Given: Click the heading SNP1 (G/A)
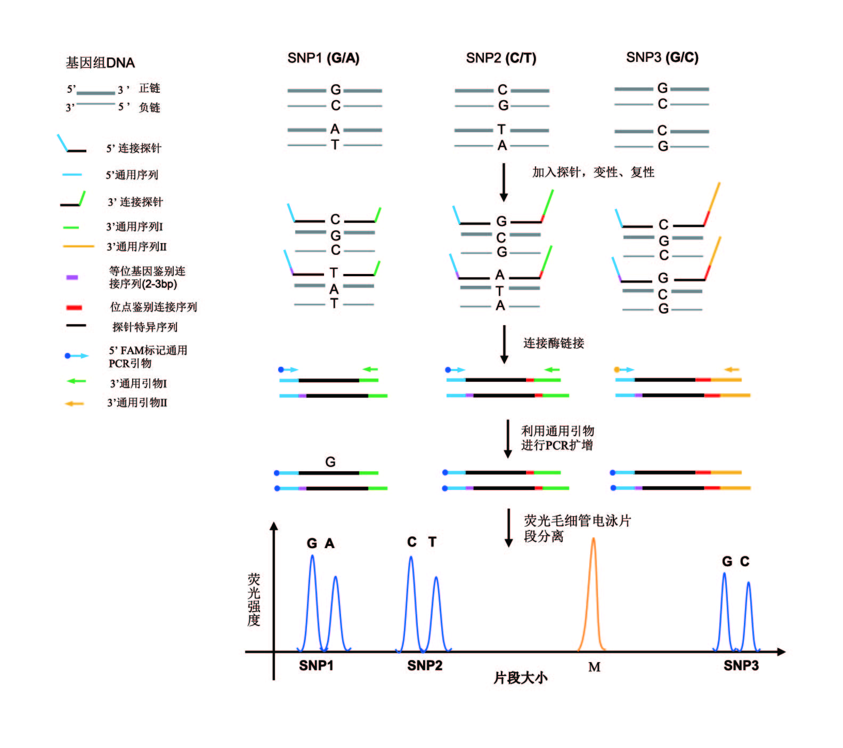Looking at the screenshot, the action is click(x=323, y=58).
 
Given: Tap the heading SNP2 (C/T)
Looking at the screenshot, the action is click(x=501, y=58).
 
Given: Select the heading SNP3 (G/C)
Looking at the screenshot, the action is click(x=662, y=58).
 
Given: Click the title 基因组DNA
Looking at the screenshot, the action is click(x=100, y=63).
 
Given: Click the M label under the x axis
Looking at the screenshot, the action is click(x=594, y=667).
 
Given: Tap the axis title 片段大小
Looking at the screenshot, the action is click(x=520, y=678).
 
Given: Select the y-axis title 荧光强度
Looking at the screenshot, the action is click(x=254, y=600).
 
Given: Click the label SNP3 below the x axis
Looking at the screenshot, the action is click(x=741, y=665).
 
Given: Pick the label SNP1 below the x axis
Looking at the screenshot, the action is click(x=316, y=665).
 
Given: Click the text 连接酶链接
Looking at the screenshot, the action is click(x=554, y=343).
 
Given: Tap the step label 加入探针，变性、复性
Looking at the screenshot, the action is click(x=593, y=172).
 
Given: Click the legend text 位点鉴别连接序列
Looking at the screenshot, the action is click(x=153, y=307).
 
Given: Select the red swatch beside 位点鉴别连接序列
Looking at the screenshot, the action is click(x=74, y=308).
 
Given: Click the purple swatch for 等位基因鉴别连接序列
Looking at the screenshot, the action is click(x=72, y=277).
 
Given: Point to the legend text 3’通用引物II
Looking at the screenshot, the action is click(x=137, y=403).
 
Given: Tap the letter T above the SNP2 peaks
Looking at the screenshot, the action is click(x=432, y=542).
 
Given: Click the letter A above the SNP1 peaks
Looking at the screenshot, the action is click(x=330, y=544).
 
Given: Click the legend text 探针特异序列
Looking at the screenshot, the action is click(x=145, y=327).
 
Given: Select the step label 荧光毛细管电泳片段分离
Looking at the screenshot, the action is click(x=577, y=528).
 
